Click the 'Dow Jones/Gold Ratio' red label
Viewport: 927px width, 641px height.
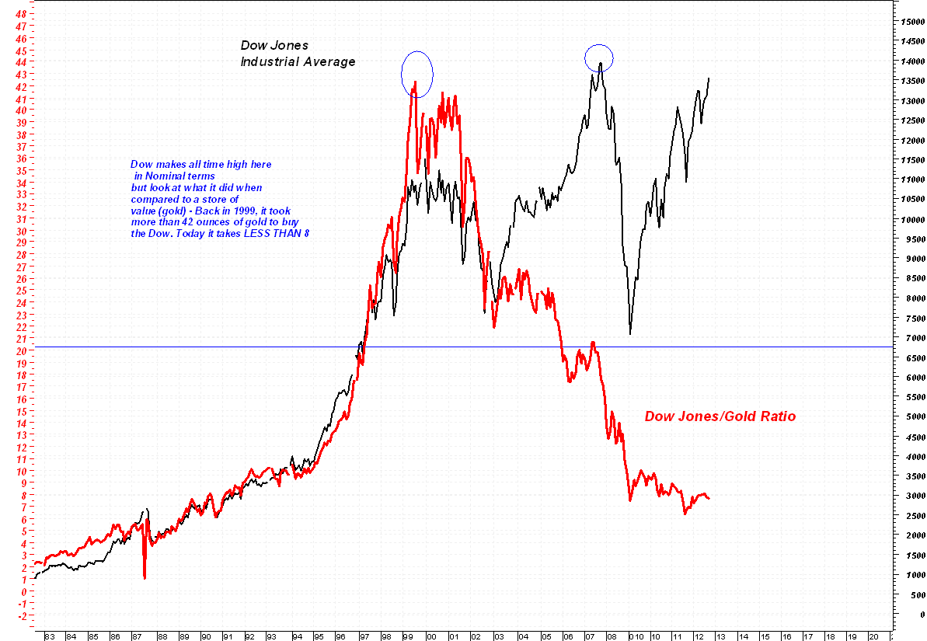pyautogui.click(x=720, y=416)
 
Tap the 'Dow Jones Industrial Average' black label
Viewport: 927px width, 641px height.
pyautogui.click(x=298, y=54)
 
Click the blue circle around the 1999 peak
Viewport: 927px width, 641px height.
pyautogui.click(x=417, y=75)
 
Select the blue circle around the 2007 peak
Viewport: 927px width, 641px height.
pyautogui.click(x=599, y=57)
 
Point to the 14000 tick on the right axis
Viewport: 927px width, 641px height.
pyautogui.click(x=911, y=61)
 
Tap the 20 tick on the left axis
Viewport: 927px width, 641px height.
pyautogui.click(x=20, y=350)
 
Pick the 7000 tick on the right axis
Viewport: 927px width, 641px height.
pyautogui.click(x=909, y=338)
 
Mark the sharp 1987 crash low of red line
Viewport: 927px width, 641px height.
pyautogui.click(x=145, y=577)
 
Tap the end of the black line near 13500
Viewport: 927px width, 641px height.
pyautogui.click(x=709, y=78)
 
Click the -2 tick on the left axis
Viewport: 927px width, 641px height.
pyautogui.click(x=20, y=615)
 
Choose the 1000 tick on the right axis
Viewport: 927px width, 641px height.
pyautogui.click(x=909, y=575)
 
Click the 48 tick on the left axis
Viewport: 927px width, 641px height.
pyautogui.click(x=20, y=14)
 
